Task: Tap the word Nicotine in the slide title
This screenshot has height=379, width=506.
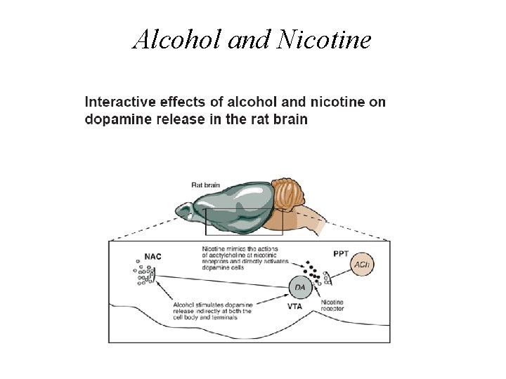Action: click(x=324, y=40)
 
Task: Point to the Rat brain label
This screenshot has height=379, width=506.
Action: click(x=205, y=185)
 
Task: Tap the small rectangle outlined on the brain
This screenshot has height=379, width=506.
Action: click(x=243, y=221)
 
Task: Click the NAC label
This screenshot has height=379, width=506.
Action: click(x=153, y=257)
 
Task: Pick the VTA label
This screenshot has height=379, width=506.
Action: click(x=296, y=307)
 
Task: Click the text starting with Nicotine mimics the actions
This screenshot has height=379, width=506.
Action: click(x=240, y=258)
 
